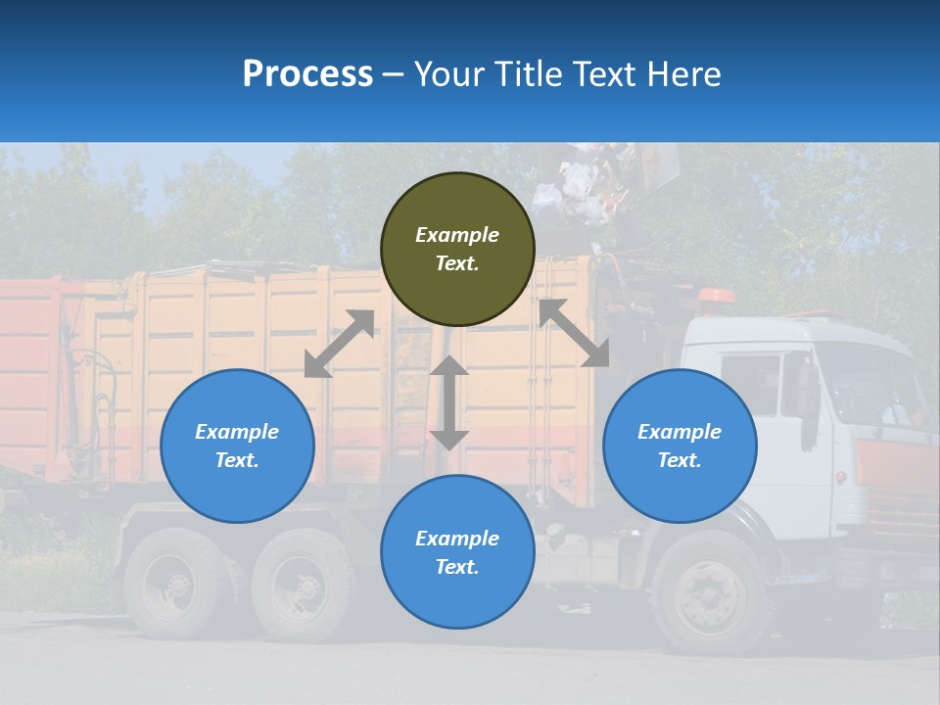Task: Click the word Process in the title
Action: [x=307, y=74]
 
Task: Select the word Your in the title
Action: [x=449, y=74]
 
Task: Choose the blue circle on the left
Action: [x=237, y=446]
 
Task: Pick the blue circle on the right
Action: [x=680, y=446]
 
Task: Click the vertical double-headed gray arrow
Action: [x=449, y=402]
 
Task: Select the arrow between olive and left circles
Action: [x=339, y=344]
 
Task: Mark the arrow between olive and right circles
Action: [x=575, y=333]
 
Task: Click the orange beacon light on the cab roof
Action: [x=718, y=295]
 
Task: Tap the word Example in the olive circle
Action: [x=457, y=235]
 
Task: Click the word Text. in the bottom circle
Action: [x=457, y=567]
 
